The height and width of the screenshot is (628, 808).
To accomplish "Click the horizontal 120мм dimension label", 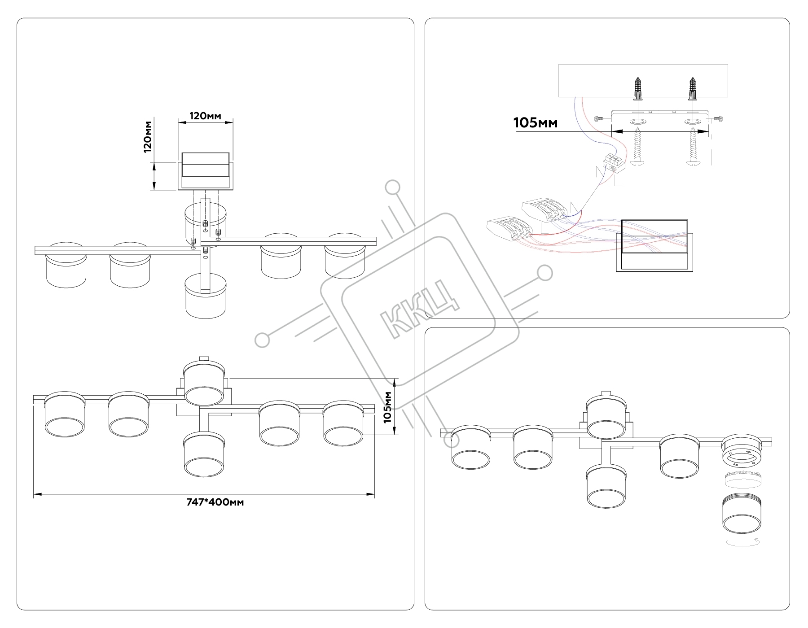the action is coord(206,116).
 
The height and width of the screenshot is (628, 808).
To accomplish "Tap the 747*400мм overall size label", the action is coord(215,502).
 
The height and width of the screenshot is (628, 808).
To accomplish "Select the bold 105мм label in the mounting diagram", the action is coord(536,122).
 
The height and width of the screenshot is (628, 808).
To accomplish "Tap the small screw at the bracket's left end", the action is coord(598,118).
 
